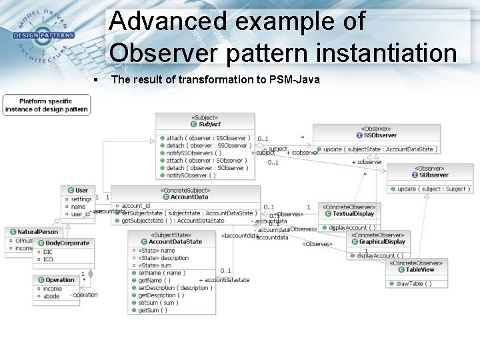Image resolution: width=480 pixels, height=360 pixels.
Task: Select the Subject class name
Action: pos(209,124)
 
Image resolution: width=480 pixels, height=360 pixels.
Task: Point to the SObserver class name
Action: pos(434,175)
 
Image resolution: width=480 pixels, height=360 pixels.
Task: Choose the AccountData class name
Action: pos(189,197)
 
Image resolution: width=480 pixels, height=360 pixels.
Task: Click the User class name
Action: pos(81,190)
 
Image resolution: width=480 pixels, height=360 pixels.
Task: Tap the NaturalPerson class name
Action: pos(38,231)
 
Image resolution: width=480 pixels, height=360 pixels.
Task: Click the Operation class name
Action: pos(60,280)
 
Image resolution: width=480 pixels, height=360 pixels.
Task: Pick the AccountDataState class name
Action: pos(175,242)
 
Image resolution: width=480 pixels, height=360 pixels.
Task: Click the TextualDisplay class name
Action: pos(353,214)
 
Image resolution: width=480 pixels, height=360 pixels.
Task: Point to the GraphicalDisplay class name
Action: pos(382,242)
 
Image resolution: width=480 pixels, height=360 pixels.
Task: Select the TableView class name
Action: pos(420,270)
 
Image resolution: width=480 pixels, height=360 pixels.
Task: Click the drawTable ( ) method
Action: pos(413,283)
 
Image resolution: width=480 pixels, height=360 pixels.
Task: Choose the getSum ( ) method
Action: pos(153,310)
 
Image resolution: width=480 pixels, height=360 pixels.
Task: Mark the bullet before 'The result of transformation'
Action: pos(97,80)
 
